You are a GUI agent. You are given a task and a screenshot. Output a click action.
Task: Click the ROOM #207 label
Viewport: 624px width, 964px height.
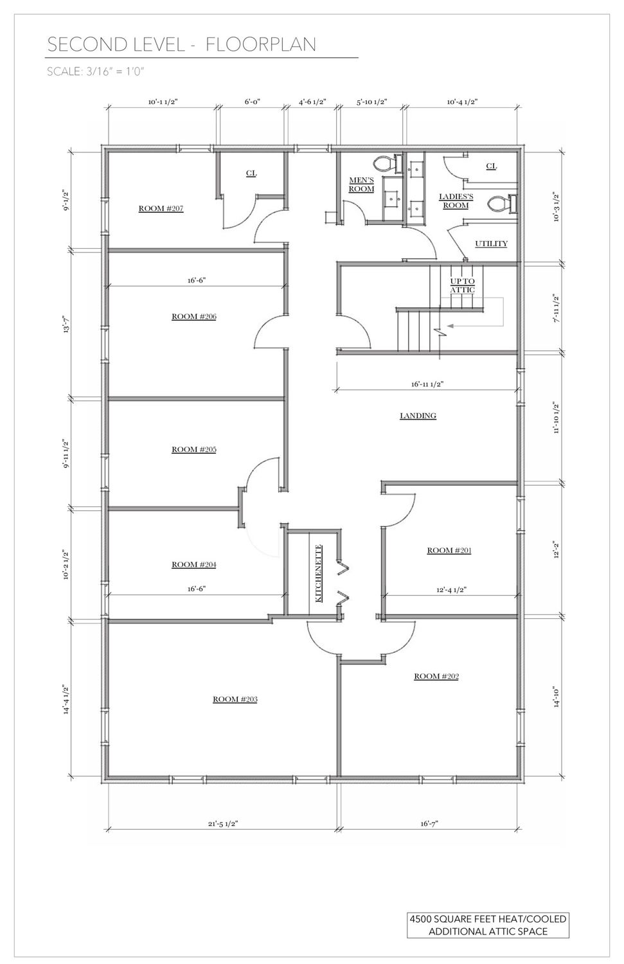pyautogui.click(x=161, y=209)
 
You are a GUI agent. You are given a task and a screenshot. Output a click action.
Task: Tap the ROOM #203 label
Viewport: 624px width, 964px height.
pyautogui.click(x=235, y=699)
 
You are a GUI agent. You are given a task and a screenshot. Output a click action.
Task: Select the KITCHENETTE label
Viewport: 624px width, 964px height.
pyautogui.click(x=319, y=573)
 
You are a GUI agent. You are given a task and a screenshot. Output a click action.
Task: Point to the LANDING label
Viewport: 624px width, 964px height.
pyautogui.click(x=418, y=416)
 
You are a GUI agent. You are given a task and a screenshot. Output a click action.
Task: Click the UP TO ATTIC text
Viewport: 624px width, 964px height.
pyautogui.click(x=463, y=286)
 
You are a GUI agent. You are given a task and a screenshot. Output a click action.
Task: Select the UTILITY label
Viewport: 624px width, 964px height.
pyautogui.click(x=491, y=244)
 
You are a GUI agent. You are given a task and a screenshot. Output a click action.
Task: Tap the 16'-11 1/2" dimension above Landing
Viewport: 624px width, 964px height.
pyautogui.click(x=427, y=384)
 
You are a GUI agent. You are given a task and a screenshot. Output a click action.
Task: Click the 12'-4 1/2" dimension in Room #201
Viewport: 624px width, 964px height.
pyautogui.click(x=451, y=590)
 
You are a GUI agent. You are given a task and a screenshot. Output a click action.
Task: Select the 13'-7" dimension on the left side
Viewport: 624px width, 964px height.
pyautogui.click(x=67, y=323)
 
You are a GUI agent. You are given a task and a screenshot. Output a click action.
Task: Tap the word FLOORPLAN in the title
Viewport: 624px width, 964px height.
pyautogui.click(x=260, y=45)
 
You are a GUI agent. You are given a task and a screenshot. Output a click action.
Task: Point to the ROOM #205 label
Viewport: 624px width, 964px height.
pyautogui.click(x=194, y=450)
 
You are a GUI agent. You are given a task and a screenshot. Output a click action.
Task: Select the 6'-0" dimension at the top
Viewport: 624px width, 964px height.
pyautogui.click(x=253, y=102)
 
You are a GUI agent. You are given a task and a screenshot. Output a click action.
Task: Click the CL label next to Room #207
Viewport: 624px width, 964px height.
pyautogui.click(x=251, y=173)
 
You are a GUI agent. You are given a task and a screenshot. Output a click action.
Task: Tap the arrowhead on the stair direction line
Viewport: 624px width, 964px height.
pyautogui.click(x=450, y=326)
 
